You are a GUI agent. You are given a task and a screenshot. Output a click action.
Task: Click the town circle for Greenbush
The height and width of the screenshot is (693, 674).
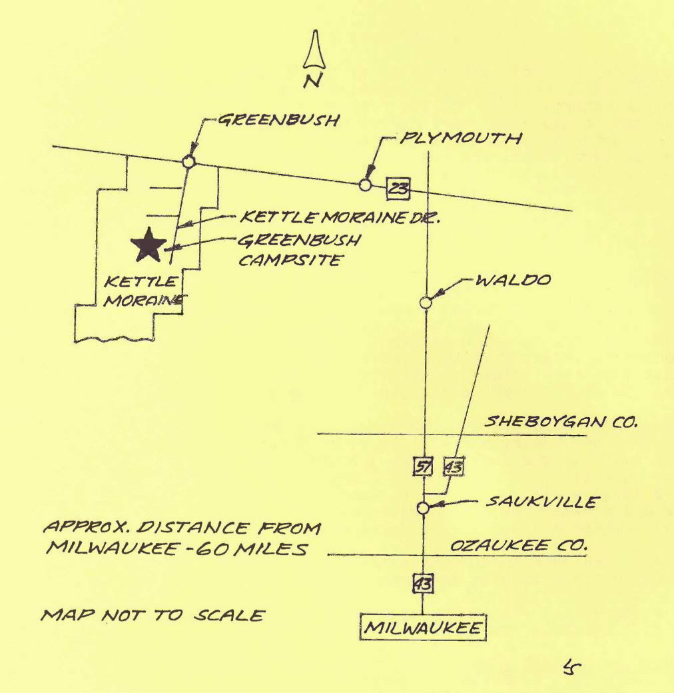pyautogui.click(x=188, y=161)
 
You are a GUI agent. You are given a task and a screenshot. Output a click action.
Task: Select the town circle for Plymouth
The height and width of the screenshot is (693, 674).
pyautogui.click(x=365, y=185)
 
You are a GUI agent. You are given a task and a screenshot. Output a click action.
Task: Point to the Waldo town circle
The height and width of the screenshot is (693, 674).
pyautogui.click(x=426, y=303)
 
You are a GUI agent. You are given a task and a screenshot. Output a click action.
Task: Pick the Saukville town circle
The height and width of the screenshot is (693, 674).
pyautogui.click(x=422, y=508)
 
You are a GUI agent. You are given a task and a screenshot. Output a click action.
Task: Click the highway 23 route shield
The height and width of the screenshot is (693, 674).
pyautogui.click(x=398, y=189)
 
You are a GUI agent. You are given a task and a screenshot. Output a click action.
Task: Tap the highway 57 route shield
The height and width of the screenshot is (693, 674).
pyautogui.click(x=422, y=466)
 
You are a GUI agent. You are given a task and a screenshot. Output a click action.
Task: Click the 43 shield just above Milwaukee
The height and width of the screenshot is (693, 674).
pyautogui.click(x=423, y=584)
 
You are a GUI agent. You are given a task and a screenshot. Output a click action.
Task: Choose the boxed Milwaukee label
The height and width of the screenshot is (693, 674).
pyautogui.click(x=423, y=628)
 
